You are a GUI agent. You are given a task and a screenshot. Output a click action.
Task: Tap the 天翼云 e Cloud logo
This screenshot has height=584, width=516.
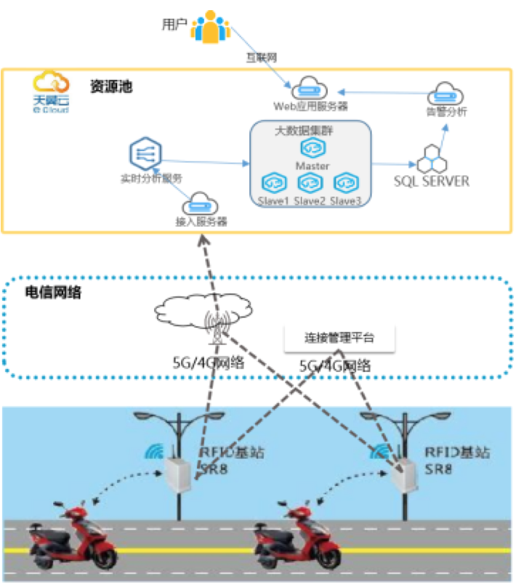point(51,92)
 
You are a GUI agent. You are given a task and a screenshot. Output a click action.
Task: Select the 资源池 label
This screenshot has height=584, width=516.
point(112,86)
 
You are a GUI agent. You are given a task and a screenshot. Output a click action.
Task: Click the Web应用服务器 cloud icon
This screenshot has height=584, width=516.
point(310,89)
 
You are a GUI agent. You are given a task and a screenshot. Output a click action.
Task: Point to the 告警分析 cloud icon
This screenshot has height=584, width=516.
point(446,94)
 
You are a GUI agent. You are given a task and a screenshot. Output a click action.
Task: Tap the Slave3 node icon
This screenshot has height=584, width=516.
point(344,182)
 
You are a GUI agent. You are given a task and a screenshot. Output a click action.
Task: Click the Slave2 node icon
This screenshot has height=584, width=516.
point(309,182)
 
